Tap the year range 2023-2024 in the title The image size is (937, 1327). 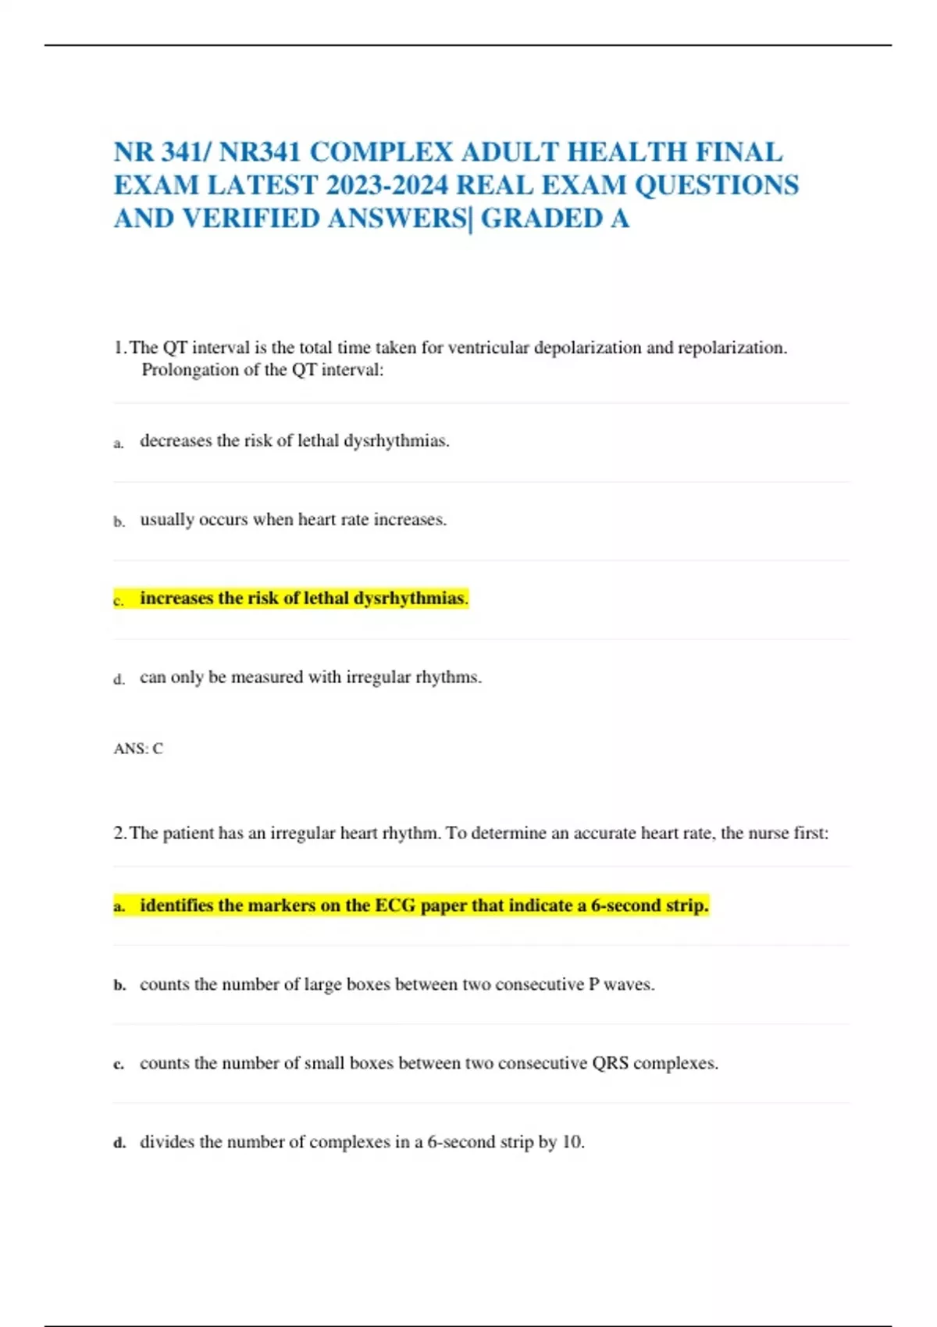tap(387, 185)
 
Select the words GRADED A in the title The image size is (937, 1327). tap(554, 219)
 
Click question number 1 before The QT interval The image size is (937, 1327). tap(119, 347)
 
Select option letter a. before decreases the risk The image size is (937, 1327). tap(119, 443)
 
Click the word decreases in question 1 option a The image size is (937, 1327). tap(176, 440)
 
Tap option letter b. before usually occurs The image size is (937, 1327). tap(119, 522)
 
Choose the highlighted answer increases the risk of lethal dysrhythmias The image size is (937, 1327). tap(302, 598)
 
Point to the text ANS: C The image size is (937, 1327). tap(138, 749)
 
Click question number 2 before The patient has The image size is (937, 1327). tap(119, 833)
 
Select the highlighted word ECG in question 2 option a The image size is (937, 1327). tap(395, 905)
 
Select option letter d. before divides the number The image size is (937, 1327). tap(119, 1144)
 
